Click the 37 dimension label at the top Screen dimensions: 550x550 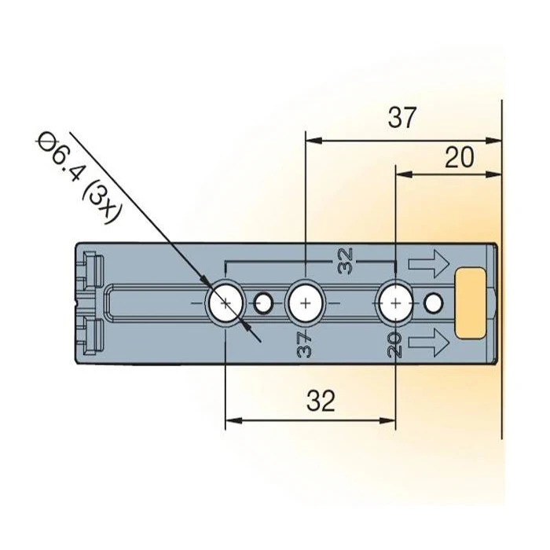401,118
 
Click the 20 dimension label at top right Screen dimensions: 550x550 459,158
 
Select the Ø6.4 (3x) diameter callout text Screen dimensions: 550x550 76,178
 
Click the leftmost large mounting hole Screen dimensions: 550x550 225,302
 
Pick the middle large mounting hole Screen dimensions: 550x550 305,302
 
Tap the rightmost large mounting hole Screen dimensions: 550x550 394,302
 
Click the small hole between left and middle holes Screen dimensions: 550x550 264,302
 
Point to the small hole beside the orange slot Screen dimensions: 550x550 433,302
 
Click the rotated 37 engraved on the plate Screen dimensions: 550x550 305,344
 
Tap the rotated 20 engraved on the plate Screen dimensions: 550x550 394,344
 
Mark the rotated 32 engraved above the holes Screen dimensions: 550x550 346,260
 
